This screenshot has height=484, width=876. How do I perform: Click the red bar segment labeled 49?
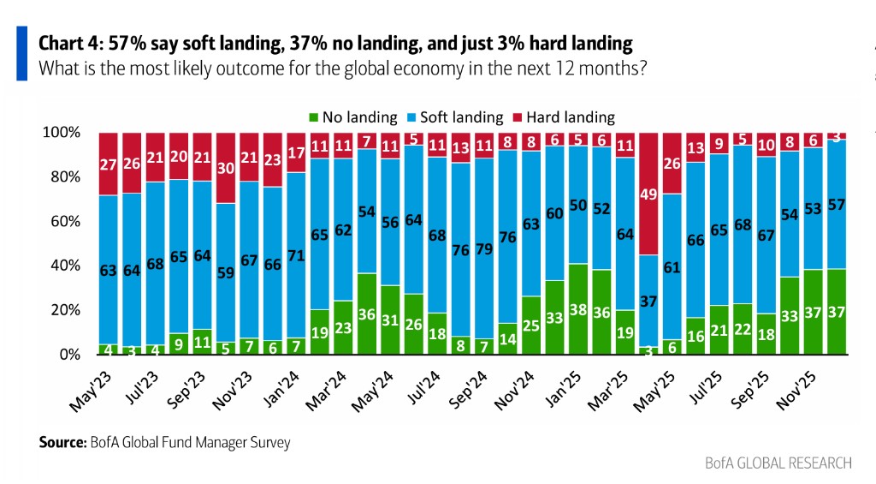tap(648, 194)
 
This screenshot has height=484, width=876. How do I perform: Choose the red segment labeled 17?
tap(295, 152)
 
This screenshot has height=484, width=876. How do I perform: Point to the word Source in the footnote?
tap(60, 443)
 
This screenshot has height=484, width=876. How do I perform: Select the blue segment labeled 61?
tap(672, 266)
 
